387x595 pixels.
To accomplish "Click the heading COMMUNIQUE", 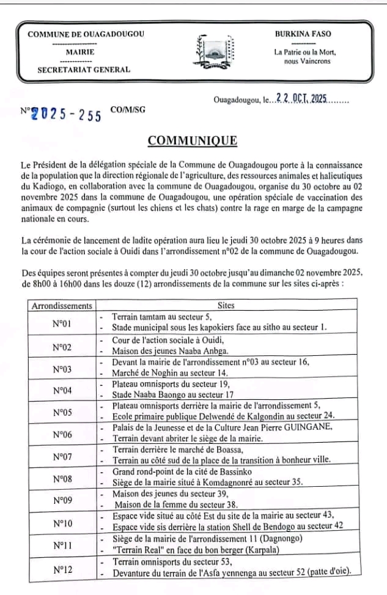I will (193, 141).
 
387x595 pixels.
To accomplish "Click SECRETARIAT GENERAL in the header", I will (84, 70).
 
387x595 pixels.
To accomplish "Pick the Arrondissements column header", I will (62, 305).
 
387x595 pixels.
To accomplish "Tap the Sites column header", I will (226, 305).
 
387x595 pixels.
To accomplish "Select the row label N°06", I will (62, 435).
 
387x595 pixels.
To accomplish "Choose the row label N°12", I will (62, 570).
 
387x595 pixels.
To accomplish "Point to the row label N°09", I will (62, 501).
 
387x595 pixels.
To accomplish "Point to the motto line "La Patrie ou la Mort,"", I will (305, 53).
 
